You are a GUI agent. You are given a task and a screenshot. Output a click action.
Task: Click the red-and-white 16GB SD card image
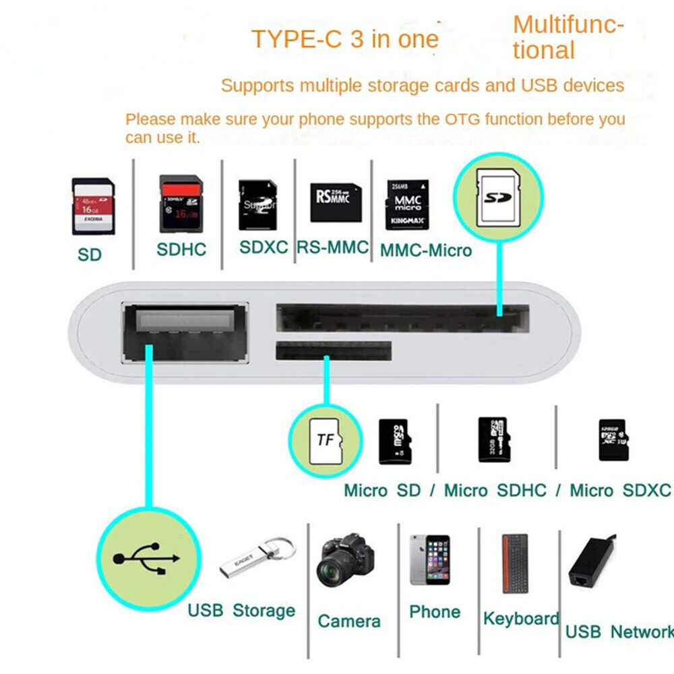93,206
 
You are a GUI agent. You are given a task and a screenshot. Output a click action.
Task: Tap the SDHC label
181,249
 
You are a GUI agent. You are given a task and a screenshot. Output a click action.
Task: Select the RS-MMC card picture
335,202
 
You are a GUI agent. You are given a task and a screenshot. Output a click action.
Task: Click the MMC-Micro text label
426,251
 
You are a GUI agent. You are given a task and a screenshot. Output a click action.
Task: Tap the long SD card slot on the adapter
402,317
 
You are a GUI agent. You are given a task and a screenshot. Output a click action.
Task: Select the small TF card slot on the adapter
334,350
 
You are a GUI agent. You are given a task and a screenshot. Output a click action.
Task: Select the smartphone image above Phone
430,559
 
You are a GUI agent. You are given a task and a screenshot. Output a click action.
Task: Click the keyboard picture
515,563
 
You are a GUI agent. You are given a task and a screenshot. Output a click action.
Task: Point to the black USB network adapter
590,559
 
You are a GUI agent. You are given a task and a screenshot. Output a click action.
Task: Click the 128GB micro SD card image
613,440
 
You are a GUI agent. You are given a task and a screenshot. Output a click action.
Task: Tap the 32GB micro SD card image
494,439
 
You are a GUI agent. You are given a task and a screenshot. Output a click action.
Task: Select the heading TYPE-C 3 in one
344,39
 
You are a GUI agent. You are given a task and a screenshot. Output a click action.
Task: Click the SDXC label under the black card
264,247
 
